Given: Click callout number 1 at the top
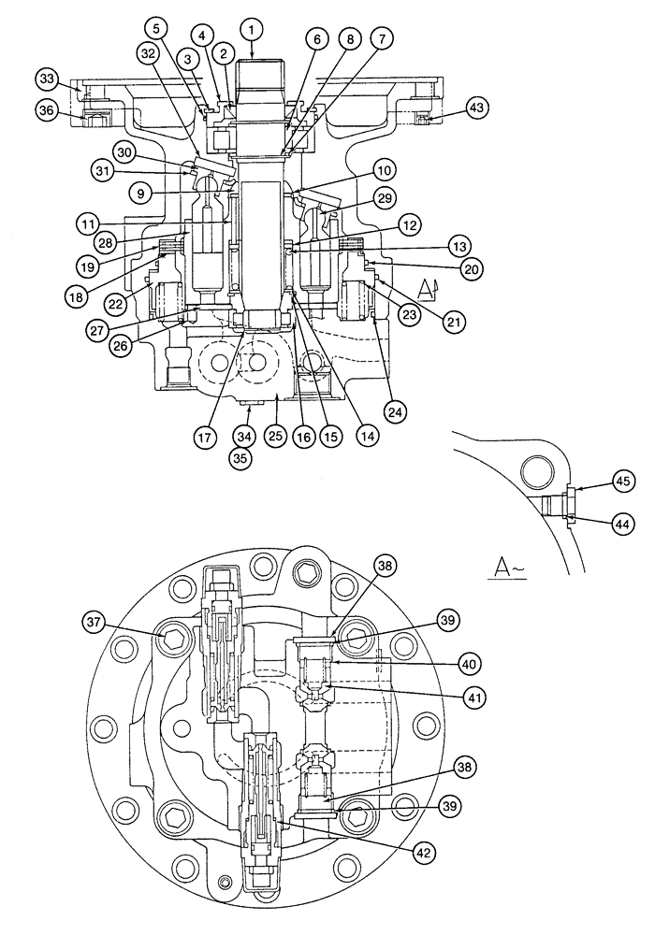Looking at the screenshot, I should [x=252, y=30].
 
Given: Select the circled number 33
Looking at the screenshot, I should [x=46, y=78].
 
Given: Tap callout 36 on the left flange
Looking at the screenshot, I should [x=46, y=109].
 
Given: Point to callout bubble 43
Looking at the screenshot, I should [x=477, y=108].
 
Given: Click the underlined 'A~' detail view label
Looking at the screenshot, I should [x=506, y=568].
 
